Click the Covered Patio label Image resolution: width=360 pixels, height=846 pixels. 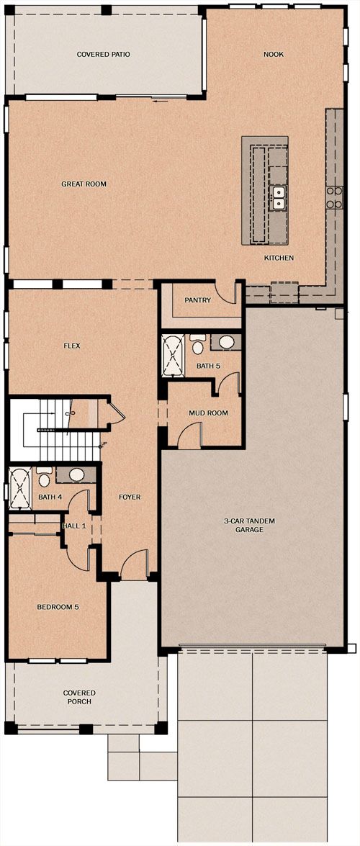[x=103, y=55]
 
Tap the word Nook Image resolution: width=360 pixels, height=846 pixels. [x=274, y=55]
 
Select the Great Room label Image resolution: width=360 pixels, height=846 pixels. [x=84, y=184]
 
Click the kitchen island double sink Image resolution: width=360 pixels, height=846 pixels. [x=279, y=197]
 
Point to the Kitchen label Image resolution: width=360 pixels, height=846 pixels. [x=279, y=258]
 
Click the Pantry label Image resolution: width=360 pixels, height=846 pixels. [x=197, y=300]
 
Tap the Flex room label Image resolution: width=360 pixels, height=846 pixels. [x=72, y=346]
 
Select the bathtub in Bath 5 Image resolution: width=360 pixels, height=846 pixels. [x=174, y=356]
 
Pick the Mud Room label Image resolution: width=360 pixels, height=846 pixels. [x=208, y=413]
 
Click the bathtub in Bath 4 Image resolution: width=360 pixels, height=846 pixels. [x=21, y=489]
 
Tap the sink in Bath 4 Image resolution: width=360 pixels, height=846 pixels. [x=76, y=474]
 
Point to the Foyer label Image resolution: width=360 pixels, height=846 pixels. [x=130, y=497]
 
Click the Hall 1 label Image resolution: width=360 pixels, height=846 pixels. [x=74, y=526]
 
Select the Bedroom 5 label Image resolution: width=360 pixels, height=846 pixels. [x=58, y=607]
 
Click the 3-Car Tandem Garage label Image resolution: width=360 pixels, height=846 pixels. [x=251, y=525]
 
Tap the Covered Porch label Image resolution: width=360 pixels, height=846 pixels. [x=79, y=697]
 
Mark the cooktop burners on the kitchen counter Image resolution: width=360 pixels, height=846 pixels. [x=334, y=197]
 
